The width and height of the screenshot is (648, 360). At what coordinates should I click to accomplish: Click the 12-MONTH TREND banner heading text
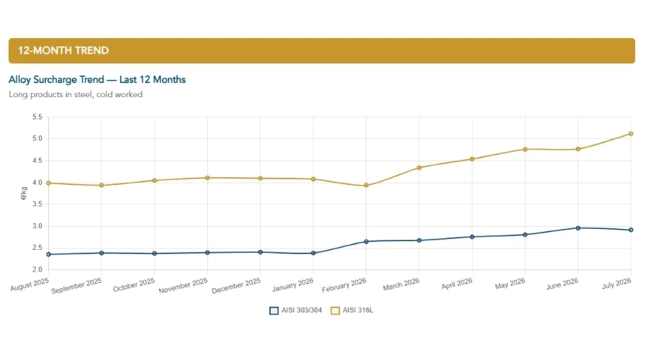coord(63,50)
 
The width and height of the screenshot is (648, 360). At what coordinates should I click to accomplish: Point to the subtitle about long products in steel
coord(76,94)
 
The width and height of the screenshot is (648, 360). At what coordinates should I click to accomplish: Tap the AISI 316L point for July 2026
coord(631,134)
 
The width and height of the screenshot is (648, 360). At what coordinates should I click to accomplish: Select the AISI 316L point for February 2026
coord(366,186)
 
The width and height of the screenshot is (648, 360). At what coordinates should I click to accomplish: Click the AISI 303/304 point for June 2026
coord(577,228)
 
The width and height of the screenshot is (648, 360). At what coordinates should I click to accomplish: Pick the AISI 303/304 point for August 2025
coord(49,254)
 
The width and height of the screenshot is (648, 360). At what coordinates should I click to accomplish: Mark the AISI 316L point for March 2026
coord(419,168)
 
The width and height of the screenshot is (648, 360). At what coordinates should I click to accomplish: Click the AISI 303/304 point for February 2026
coord(366,241)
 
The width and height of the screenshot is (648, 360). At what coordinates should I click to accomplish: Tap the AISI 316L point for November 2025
coord(207,178)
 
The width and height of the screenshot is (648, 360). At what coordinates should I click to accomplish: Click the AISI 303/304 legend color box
coord(274,310)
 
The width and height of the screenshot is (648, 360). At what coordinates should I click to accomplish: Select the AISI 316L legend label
coord(358,310)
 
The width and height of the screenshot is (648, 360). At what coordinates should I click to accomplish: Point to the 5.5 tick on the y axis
coord(37,117)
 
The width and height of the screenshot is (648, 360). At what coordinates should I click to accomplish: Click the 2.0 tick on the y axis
coord(37,269)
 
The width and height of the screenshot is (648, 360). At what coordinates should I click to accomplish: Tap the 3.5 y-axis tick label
coord(37,204)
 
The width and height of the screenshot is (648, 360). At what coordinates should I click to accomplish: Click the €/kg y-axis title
coord(24,194)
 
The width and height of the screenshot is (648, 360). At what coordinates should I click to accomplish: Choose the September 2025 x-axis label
coord(76,286)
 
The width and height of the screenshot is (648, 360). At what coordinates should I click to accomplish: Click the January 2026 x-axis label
coord(292,285)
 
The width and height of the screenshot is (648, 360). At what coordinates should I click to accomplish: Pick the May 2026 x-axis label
coord(510,283)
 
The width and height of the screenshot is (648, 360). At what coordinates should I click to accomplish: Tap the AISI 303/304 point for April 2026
coord(472,237)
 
